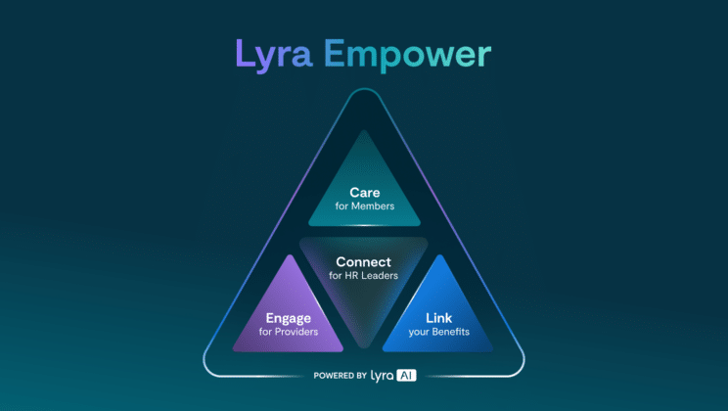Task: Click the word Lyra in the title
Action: click(274, 55)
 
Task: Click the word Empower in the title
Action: click(407, 55)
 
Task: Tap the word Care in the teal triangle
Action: click(364, 192)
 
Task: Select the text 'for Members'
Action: click(364, 206)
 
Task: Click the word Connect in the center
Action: click(364, 262)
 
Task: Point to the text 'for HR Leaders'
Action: click(364, 275)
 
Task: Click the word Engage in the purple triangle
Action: click(289, 319)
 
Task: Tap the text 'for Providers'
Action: click(289, 332)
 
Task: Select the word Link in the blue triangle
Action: click(438, 318)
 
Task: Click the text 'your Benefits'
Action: click(438, 332)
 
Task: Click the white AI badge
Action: click(406, 375)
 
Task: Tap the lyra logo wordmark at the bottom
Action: click(383, 376)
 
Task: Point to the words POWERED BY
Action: click(341, 375)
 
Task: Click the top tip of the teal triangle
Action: click(364, 131)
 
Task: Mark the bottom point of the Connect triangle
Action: click(364, 346)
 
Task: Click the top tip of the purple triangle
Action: click(290, 255)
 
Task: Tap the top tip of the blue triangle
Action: click(439, 255)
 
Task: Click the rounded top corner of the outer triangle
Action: click(364, 89)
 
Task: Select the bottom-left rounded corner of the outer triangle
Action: click(209, 367)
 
